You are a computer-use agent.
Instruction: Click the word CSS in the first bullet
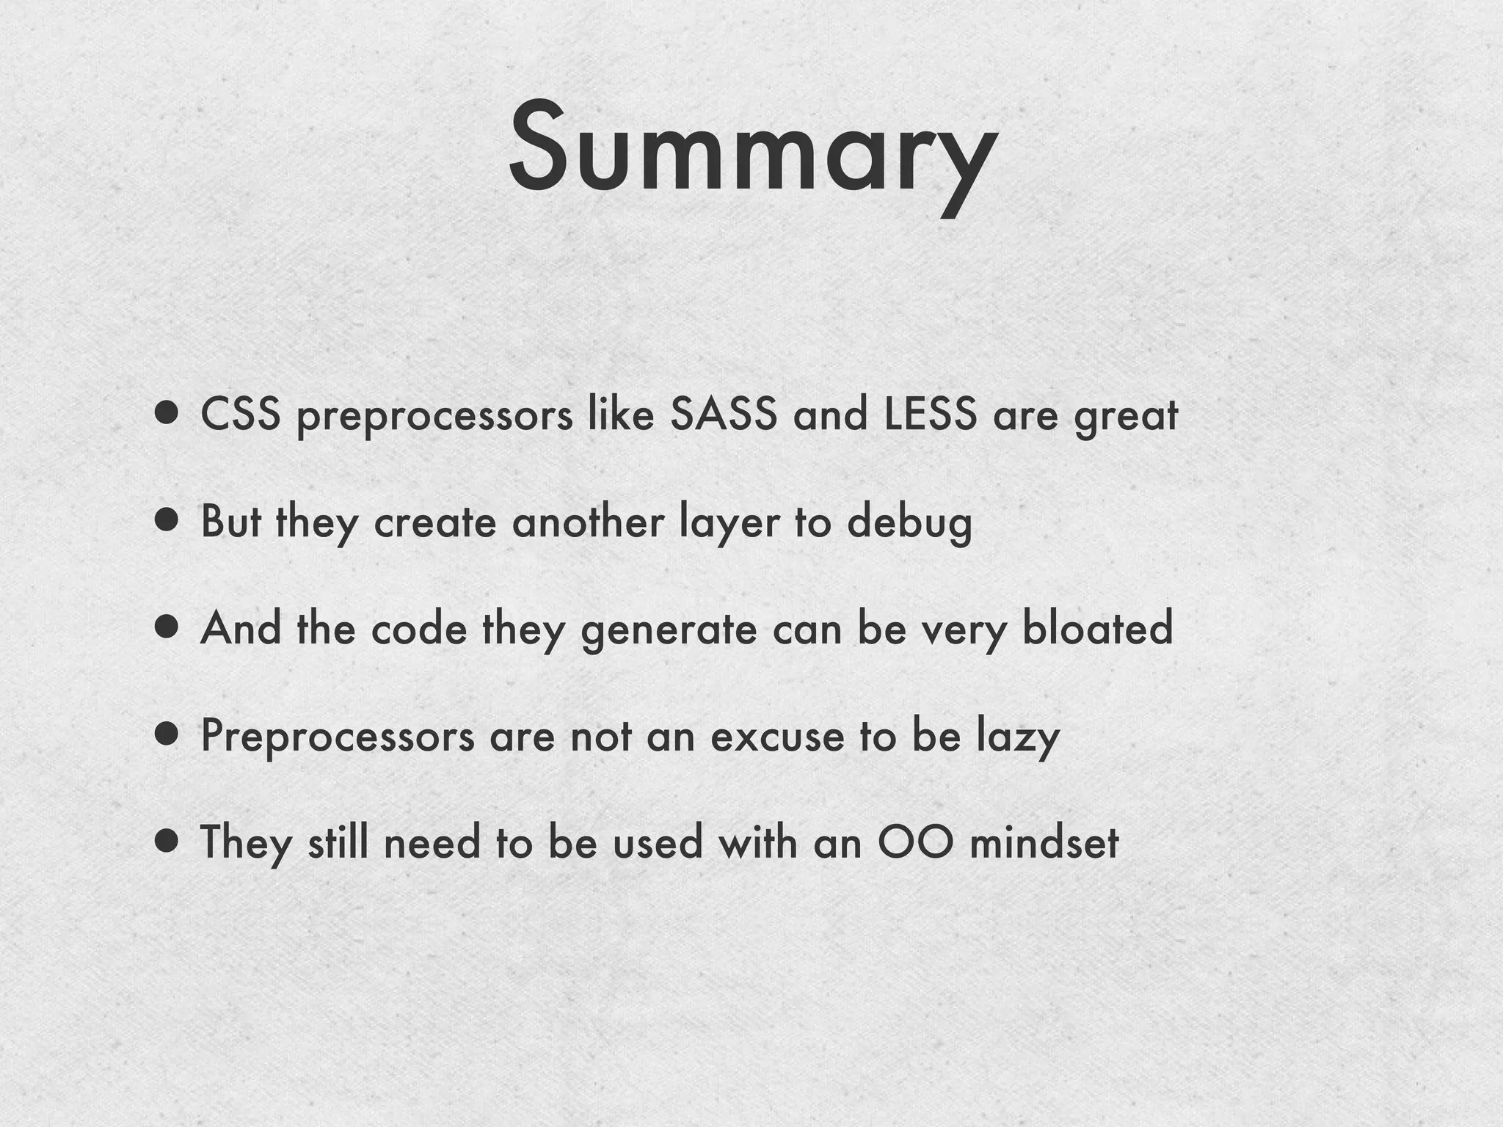241,415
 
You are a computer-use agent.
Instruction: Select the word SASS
723,415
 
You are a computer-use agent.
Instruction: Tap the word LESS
930,415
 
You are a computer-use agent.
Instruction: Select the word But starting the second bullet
230,522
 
